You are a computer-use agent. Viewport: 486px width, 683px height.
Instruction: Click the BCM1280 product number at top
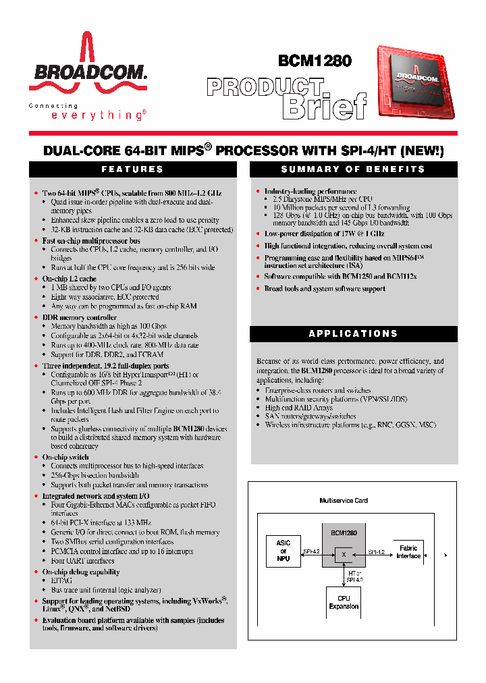315,60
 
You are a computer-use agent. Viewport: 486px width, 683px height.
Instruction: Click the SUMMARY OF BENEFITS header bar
353,169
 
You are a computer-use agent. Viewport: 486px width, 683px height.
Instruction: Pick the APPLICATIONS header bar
353,333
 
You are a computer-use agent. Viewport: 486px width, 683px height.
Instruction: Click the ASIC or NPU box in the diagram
283,550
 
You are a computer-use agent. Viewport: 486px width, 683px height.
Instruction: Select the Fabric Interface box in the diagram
408,552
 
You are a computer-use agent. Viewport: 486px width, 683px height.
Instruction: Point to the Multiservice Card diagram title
344,501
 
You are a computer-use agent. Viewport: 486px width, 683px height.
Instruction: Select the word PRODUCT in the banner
265,87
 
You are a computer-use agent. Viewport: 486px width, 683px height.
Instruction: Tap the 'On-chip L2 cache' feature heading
69,279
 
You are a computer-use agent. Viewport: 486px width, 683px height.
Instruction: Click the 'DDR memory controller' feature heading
79,317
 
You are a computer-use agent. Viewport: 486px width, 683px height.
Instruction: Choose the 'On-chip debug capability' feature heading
80,572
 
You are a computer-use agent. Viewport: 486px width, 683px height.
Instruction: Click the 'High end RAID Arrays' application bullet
298,408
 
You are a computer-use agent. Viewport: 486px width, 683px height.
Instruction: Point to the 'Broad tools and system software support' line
324,289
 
